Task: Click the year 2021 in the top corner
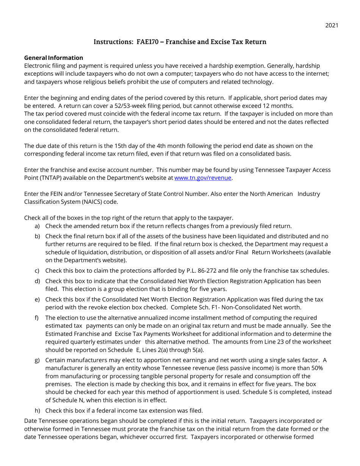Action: [331, 25]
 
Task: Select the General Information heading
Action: [53, 58]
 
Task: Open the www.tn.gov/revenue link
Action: [203, 177]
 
